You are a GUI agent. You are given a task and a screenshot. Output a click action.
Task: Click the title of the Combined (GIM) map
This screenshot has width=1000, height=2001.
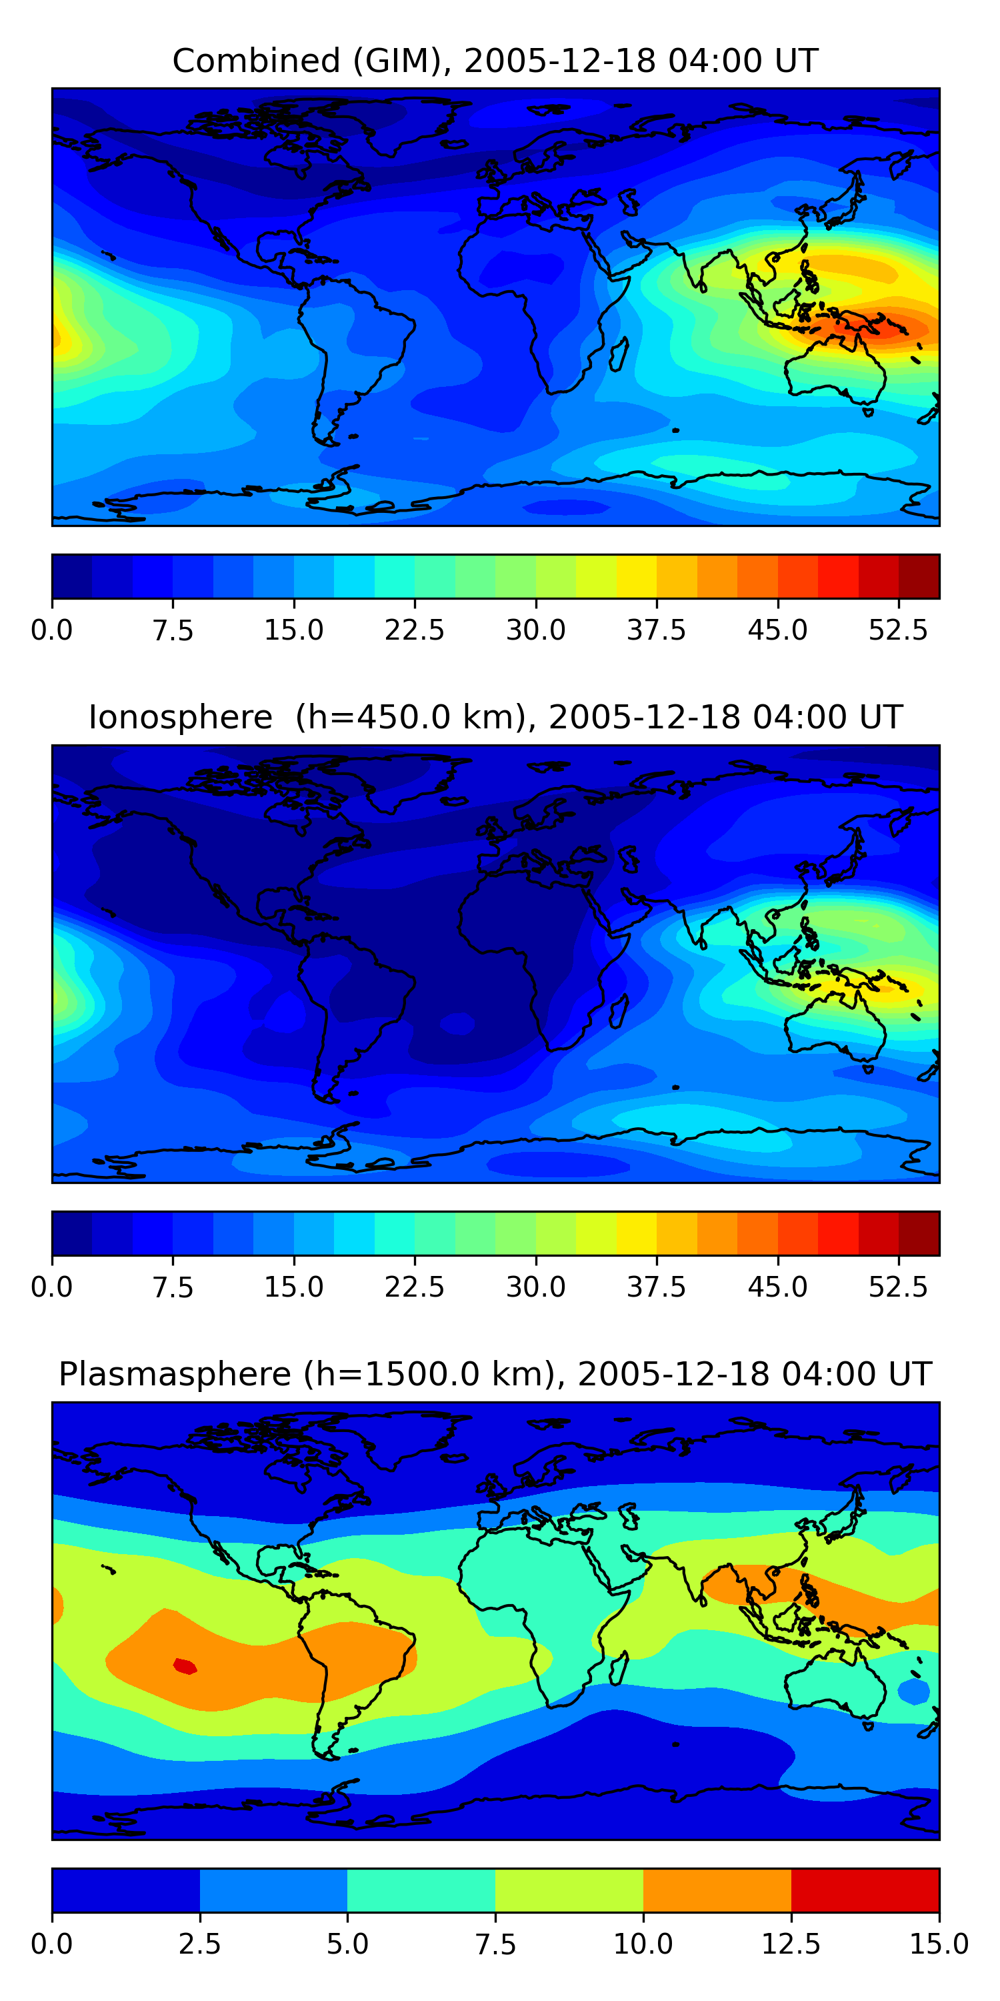[495, 61]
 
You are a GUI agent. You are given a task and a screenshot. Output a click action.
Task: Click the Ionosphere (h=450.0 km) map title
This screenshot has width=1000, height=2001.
[495, 717]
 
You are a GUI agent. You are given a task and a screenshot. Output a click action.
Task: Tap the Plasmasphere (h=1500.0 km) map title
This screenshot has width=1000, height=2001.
[495, 1374]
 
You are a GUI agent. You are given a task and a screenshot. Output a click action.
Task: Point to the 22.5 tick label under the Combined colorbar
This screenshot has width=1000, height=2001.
[415, 630]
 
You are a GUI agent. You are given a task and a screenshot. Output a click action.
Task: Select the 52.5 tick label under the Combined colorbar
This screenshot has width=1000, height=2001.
[898, 630]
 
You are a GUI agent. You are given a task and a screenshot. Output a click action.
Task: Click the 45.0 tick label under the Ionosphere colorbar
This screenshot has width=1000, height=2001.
[778, 1287]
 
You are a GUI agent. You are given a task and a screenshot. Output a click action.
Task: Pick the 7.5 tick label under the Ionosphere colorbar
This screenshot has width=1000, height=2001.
[173, 1287]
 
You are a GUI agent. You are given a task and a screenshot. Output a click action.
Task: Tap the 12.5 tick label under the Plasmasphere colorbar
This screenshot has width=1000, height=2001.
[791, 1944]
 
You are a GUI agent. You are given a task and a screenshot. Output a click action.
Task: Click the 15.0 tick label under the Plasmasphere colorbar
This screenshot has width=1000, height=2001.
[939, 1944]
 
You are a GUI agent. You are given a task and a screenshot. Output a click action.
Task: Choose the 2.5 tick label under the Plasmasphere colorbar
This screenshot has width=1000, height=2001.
[200, 1944]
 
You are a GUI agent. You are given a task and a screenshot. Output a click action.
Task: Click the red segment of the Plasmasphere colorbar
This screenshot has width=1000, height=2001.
[865, 1890]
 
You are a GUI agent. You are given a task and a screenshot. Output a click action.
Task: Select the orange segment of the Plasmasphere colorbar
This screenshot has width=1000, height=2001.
[717, 1890]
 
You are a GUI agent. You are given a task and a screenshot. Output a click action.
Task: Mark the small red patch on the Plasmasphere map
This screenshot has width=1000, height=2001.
[185, 1665]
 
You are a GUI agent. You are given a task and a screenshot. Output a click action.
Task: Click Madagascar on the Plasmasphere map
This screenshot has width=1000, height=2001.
[618, 1670]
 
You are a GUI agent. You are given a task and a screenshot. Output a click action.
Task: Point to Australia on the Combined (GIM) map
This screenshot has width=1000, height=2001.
[835, 374]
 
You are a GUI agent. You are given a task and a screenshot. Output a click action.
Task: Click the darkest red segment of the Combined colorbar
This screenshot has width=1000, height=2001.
[919, 576]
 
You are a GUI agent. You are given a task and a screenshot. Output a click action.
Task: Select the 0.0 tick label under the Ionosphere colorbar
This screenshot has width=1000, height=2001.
[52, 1287]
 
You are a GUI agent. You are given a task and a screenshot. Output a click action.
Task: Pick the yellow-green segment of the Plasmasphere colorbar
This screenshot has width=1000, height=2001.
[569, 1890]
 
